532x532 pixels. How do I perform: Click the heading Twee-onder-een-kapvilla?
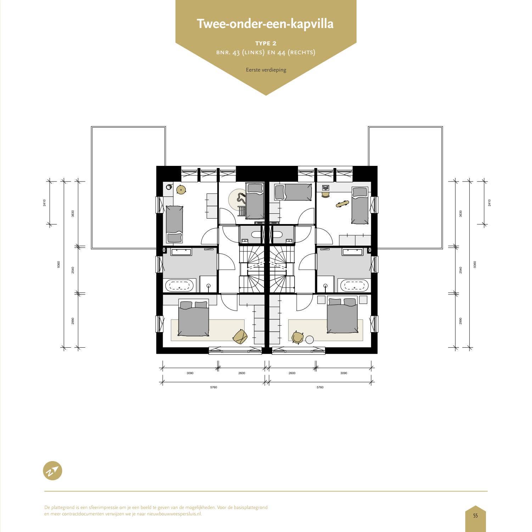[265, 24]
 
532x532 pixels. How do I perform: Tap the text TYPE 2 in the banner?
[266, 43]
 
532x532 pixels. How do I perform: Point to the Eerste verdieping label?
[266, 70]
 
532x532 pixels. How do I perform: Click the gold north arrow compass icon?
[52, 471]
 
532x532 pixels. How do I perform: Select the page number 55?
[475, 516]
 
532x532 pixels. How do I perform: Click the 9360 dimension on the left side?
[58, 264]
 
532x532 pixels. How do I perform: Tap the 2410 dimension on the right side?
[489, 203]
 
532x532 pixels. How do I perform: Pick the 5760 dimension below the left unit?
[213, 387]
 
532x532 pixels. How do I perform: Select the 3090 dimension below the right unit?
[343, 373]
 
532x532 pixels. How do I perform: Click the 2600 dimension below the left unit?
[241, 373]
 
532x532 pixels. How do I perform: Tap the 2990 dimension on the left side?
[73, 321]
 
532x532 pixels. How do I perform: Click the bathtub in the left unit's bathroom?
[180, 286]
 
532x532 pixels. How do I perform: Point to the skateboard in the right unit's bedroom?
[342, 204]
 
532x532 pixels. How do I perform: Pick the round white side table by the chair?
[310, 340]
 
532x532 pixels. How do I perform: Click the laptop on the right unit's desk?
[325, 187]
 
